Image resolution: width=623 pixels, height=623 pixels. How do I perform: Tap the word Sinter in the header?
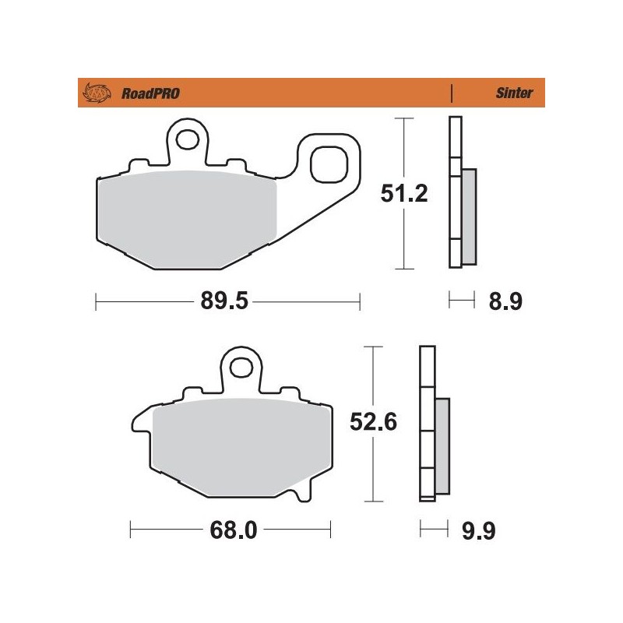click(x=514, y=93)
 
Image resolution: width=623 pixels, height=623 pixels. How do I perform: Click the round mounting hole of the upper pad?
click(x=187, y=139)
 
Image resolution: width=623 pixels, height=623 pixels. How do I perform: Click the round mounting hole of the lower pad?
click(x=241, y=366)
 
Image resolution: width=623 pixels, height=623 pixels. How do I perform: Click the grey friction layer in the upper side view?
click(x=469, y=216)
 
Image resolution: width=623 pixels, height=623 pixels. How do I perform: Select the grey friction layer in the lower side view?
click(x=442, y=445)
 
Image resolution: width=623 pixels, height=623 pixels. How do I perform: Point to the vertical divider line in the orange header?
click(x=452, y=93)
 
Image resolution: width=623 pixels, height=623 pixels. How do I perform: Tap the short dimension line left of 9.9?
click(x=434, y=531)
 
